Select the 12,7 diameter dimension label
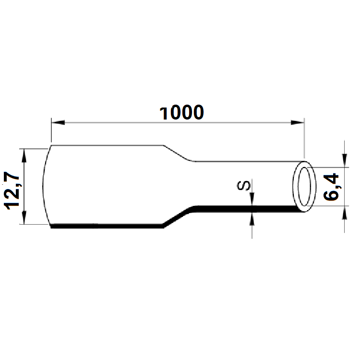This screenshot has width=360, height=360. [12, 190]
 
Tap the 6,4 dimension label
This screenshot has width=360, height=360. [332, 187]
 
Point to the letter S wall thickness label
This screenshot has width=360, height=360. [244, 185]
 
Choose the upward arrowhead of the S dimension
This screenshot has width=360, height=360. [252, 216]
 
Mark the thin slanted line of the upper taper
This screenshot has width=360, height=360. [179, 153]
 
